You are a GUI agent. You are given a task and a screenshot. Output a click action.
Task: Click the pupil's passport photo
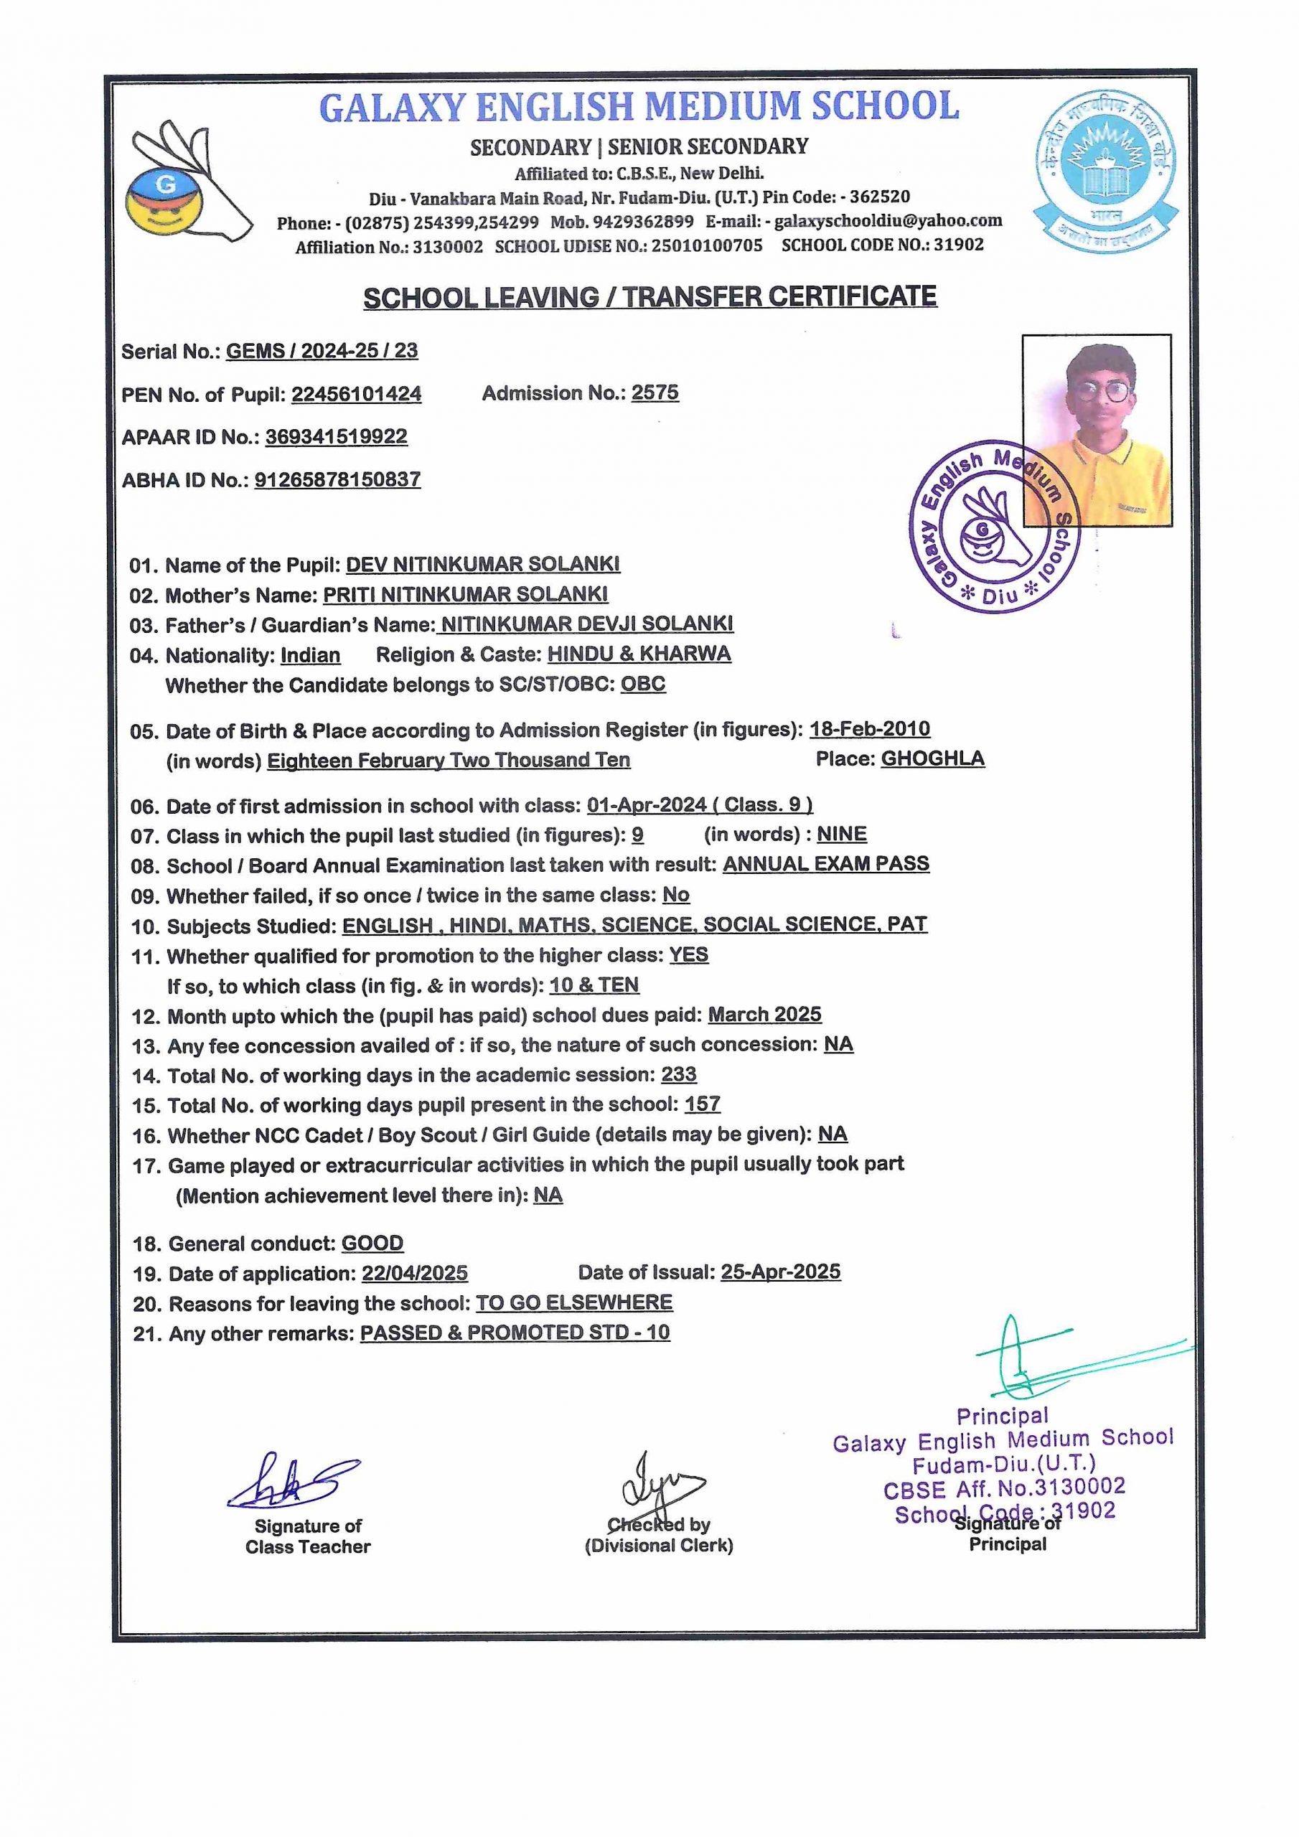[x=1097, y=430]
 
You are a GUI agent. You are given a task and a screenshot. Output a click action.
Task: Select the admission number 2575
[x=655, y=393]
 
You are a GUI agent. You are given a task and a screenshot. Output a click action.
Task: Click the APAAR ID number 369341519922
[x=336, y=437]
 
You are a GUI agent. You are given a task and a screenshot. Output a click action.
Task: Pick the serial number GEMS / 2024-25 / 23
[x=322, y=350]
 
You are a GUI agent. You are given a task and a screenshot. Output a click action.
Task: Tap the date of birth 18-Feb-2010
[x=869, y=729]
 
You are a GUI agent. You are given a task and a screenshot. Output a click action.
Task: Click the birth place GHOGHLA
[x=932, y=758]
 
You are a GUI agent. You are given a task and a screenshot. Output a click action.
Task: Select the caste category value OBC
[x=643, y=684]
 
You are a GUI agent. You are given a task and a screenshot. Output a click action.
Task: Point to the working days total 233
[x=679, y=1073]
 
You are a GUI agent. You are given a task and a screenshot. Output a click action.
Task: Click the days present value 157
[x=702, y=1104]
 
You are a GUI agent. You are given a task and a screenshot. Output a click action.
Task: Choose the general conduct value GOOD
[x=372, y=1244]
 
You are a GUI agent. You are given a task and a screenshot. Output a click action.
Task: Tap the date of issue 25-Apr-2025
[x=780, y=1272]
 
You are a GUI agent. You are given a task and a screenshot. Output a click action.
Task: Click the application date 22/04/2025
[x=415, y=1274]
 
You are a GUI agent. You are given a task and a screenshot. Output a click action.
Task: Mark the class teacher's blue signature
[x=292, y=1482]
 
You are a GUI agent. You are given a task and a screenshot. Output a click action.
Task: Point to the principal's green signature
[x=1041, y=1360]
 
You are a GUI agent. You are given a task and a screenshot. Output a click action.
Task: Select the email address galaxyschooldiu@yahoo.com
[x=888, y=221]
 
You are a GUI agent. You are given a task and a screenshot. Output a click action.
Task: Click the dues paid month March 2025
[x=764, y=1015]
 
